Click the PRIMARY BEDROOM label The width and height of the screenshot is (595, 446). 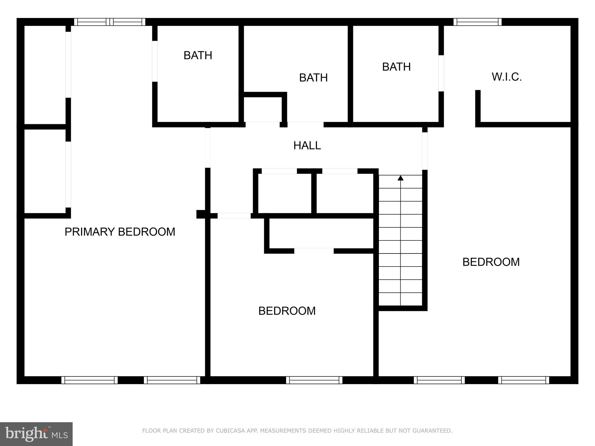(x=120, y=232)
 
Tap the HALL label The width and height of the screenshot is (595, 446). (x=307, y=145)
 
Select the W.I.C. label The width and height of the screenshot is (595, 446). (x=507, y=77)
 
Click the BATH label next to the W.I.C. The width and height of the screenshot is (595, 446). (x=396, y=67)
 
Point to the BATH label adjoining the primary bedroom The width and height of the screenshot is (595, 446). (x=198, y=55)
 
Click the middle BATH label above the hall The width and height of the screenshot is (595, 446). (x=313, y=78)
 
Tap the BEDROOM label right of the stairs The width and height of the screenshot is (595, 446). (x=491, y=262)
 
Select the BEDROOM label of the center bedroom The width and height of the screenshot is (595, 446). (x=287, y=311)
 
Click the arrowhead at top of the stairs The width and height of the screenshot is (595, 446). (x=400, y=178)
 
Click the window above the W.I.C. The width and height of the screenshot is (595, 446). (x=477, y=22)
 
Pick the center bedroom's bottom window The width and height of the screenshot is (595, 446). (x=314, y=380)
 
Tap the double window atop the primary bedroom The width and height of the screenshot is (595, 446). (x=110, y=22)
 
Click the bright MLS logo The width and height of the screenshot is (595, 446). (x=36, y=434)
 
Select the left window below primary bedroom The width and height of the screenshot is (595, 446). (x=89, y=380)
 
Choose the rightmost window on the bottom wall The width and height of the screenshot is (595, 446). (x=524, y=380)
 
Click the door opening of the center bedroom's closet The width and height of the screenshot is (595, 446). (x=314, y=251)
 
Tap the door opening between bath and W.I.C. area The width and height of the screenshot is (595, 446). (x=441, y=73)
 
